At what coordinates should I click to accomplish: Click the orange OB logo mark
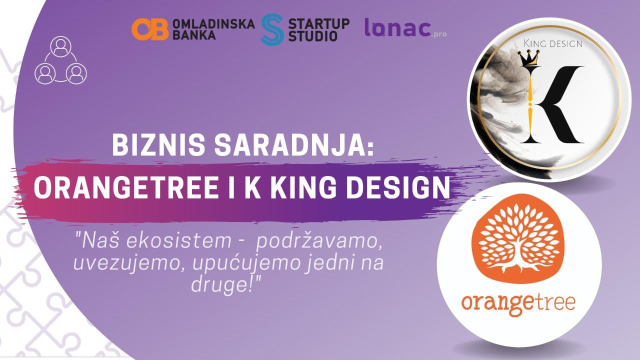[x=150, y=29]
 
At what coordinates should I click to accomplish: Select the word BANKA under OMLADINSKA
[x=194, y=34]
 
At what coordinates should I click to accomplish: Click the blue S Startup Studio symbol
[x=272, y=29]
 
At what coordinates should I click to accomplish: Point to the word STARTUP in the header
[x=319, y=24]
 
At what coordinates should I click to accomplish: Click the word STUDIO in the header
[x=313, y=35]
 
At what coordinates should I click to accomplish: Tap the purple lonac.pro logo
[x=405, y=27]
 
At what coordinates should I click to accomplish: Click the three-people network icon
[x=60, y=60]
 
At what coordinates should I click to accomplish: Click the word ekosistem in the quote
[x=178, y=240]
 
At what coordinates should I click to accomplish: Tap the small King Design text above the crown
[x=553, y=43]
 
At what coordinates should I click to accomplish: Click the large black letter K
[x=551, y=104]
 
